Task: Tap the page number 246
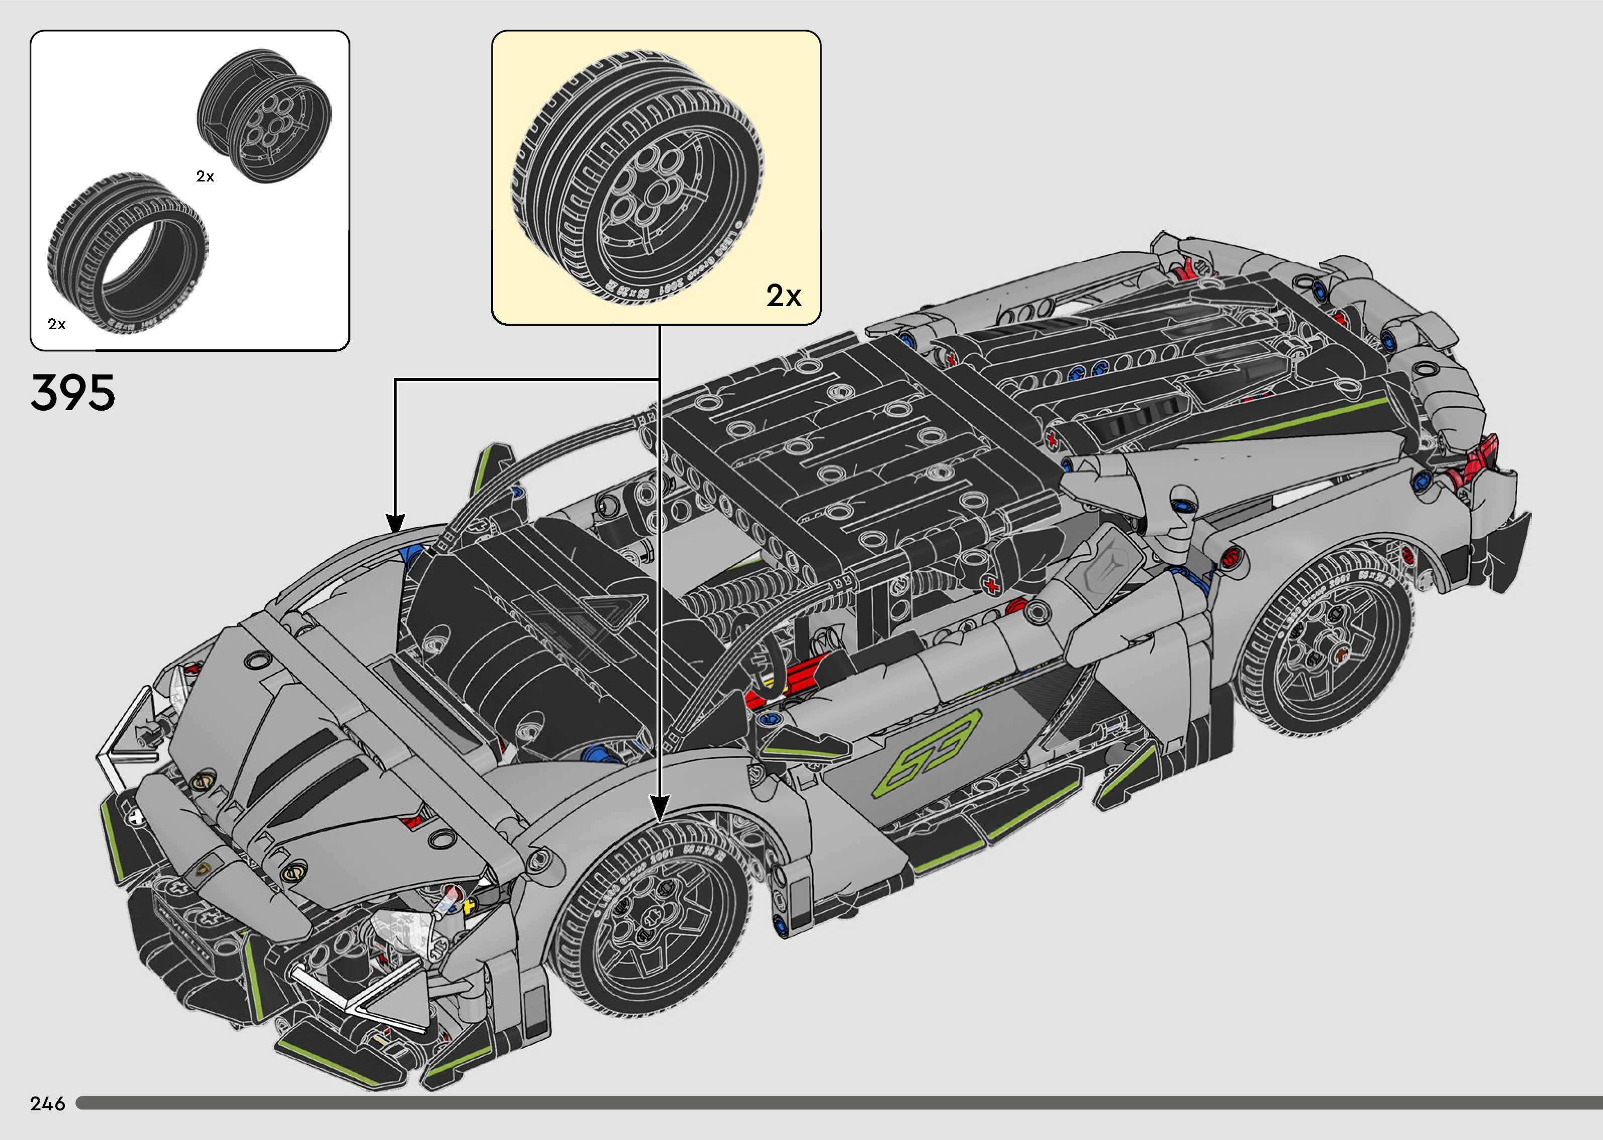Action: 48,1103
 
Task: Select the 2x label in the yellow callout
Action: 783,296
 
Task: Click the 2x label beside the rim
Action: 205,177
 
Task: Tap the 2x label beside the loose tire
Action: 57,324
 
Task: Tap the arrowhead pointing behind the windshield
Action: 396,523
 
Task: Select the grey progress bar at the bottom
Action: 835,1103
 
